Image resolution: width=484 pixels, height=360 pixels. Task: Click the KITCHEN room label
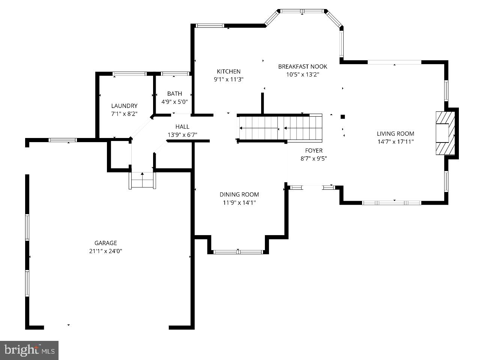[228, 71]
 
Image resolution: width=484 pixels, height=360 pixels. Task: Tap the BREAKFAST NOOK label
[302, 66]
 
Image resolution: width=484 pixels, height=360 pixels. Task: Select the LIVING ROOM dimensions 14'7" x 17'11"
[395, 142]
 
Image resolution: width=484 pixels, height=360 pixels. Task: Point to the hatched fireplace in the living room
[445, 133]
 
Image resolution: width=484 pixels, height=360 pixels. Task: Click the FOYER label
[314, 150]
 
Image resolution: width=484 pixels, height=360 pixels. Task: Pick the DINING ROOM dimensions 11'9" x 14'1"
[239, 202]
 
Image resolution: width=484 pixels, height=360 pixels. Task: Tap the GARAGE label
[105, 243]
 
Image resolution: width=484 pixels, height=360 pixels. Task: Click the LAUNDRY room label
[124, 106]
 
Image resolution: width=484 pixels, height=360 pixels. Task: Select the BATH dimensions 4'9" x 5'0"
[174, 101]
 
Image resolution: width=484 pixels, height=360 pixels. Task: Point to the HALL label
[182, 127]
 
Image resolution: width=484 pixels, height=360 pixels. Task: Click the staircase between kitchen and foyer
[280, 128]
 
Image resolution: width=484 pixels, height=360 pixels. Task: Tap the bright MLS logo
[29, 350]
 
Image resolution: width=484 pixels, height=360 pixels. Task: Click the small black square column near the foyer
[343, 117]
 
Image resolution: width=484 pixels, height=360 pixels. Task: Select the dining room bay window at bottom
[238, 252]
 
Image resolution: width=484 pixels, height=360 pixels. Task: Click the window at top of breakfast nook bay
[302, 11]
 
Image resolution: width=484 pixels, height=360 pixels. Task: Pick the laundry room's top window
[129, 74]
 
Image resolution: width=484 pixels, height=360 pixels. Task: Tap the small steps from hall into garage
[142, 180]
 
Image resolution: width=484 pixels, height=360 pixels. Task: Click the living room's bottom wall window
[391, 202]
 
